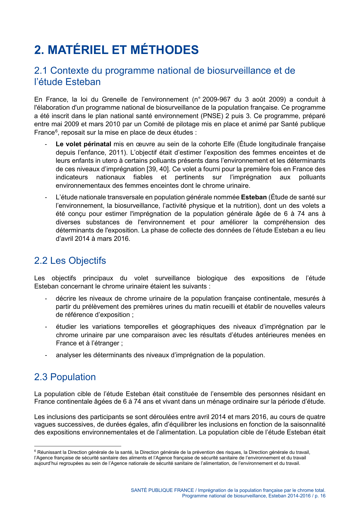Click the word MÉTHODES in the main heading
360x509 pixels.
(164, 50)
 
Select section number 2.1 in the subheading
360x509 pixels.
(41, 71)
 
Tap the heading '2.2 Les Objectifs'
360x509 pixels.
(70, 260)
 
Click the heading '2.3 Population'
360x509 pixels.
(65, 377)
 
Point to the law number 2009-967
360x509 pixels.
(216, 100)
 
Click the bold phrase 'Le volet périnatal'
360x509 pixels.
(83, 144)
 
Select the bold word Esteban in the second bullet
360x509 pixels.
(254, 197)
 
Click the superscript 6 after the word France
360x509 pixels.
(56, 131)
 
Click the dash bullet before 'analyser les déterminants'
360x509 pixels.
(46, 355)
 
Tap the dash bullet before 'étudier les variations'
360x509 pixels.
(46, 327)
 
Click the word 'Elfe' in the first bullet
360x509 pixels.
(229, 144)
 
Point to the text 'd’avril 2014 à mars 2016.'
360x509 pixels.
(93, 239)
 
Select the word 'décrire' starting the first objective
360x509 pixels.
(66, 299)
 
